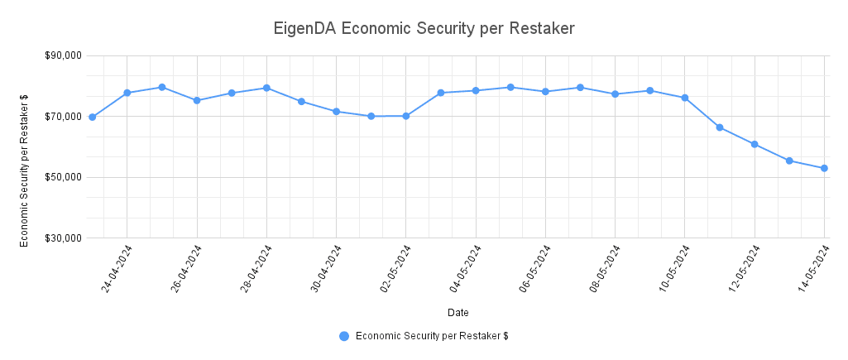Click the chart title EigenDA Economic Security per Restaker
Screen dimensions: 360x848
coord(424,28)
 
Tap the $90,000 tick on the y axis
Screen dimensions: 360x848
coord(64,55)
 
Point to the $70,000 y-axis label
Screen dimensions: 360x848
coord(64,117)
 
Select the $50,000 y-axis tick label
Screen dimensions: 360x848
coord(64,177)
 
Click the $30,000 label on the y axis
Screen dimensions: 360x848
coord(64,238)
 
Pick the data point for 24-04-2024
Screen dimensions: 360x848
coord(127,93)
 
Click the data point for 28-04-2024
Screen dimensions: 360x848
coord(266,88)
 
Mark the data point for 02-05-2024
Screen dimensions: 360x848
coord(406,116)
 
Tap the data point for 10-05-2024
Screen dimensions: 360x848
coord(685,98)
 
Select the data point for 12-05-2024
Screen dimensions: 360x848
coord(755,144)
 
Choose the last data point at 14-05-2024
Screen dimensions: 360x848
coord(825,169)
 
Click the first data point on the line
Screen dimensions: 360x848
coord(92,117)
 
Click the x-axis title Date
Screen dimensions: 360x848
coord(458,313)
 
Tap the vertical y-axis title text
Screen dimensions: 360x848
coord(25,169)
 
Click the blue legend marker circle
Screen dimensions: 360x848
coord(344,335)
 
